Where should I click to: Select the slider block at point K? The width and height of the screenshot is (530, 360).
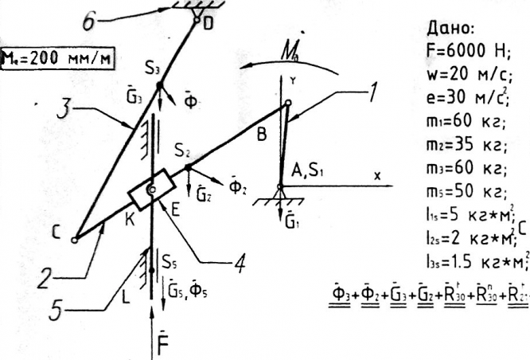151,189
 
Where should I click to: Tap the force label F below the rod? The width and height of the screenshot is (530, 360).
169,346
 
